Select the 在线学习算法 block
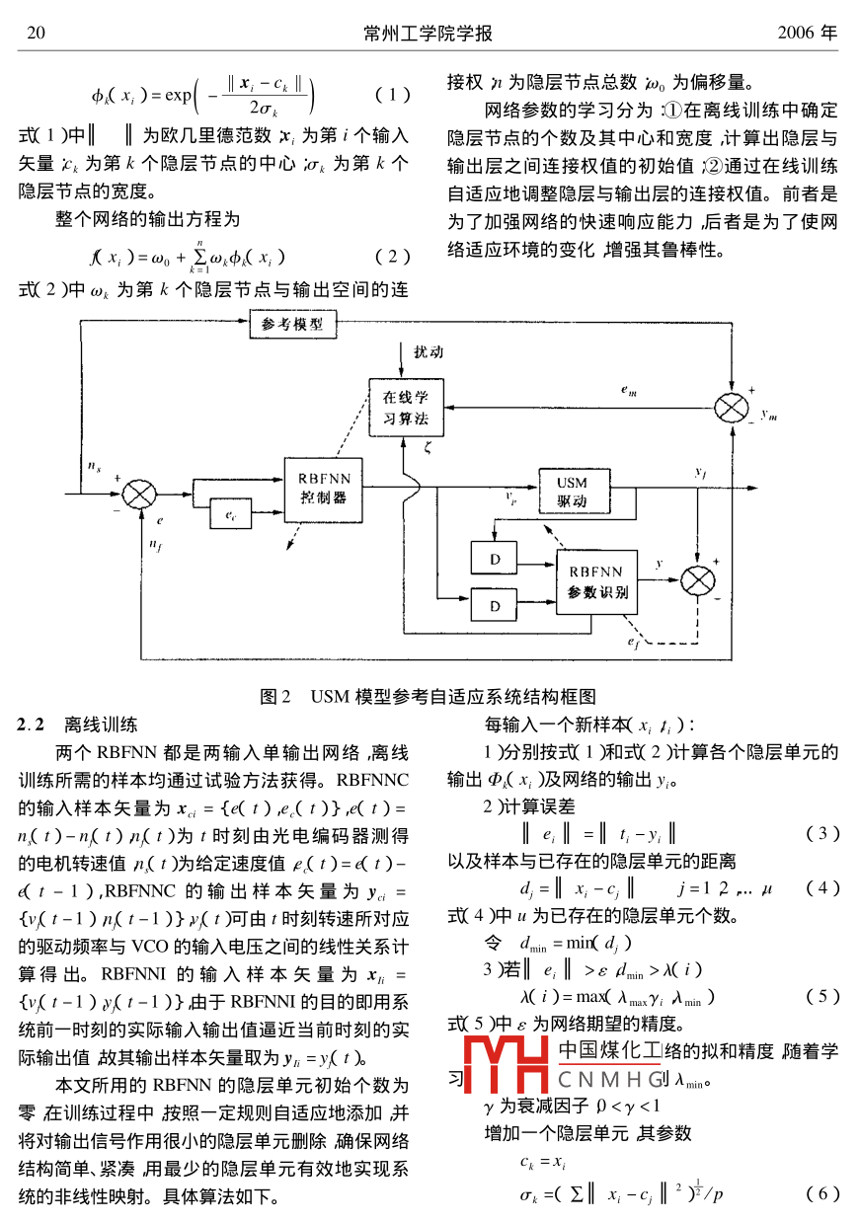click(406, 408)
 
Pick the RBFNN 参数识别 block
click(595, 581)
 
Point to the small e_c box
click(231, 513)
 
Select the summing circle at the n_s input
click(140, 491)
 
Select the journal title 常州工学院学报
click(428, 34)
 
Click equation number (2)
click(392, 258)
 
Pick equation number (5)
click(822, 995)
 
